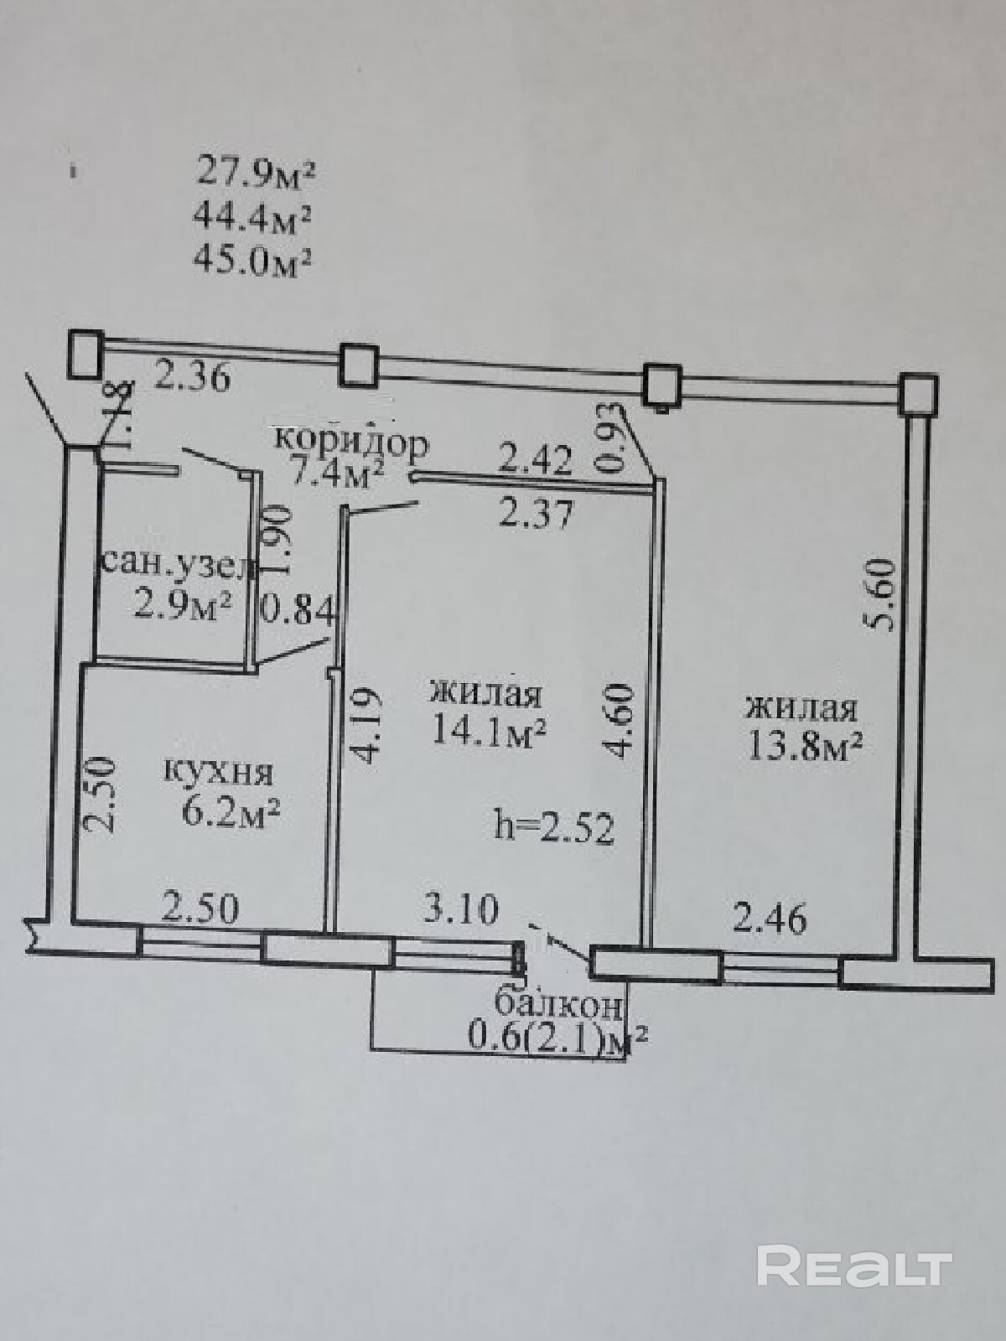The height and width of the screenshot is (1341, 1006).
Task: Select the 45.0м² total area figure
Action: [253, 261]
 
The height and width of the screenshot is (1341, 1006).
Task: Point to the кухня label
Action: [217, 771]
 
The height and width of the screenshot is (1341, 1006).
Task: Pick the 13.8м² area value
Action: [803, 745]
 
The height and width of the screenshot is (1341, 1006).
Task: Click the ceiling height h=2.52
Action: [555, 828]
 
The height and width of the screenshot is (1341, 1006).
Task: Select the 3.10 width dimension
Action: [460, 909]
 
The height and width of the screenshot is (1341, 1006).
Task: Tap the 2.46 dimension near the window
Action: [770, 918]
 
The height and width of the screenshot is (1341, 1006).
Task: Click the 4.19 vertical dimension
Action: [369, 725]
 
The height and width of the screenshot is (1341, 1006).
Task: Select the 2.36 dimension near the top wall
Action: [192, 379]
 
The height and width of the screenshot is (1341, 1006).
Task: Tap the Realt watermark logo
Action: [853, 1265]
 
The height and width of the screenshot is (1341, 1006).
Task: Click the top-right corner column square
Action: [917, 392]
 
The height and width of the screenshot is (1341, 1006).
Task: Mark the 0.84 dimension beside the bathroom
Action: [298, 610]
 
